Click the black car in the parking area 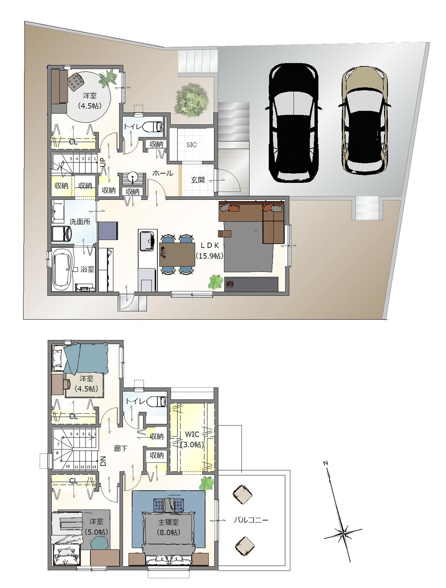tap(293, 123)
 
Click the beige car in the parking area tap(364, 121)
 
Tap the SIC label tap(191, 145)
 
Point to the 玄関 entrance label tap(198, 180)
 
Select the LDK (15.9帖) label tap(209, 250)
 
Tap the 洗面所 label tap(80, 222)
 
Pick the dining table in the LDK tap(177, 254)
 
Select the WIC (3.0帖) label tap(192, 439)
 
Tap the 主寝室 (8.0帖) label tap(168, 527)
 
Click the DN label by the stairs tap(103, 462)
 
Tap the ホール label tap(163, 173)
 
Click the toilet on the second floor tap(159, 401)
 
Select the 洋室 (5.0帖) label tap(96, 527)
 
